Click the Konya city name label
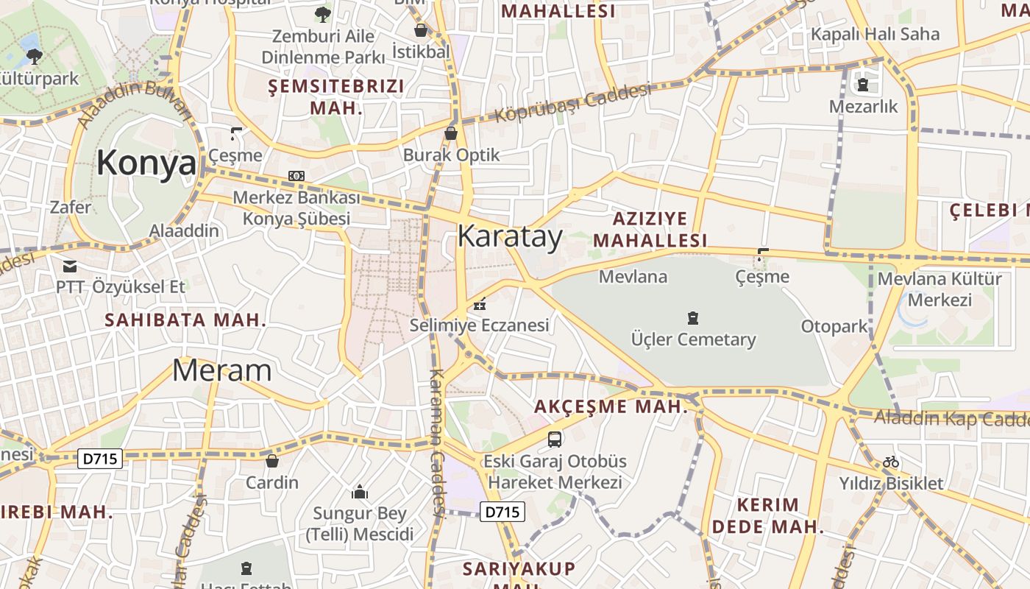pos(146,163)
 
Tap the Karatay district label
pos(510,236)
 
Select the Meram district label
pos(221,370)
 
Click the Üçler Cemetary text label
pos(693,339)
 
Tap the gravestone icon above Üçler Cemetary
pos(692,318)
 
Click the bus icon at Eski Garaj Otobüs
pos(555,440)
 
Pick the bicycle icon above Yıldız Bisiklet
pos(891,462)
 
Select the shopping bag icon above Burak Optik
pos(451,133)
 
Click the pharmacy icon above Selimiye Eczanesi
pos(480,303)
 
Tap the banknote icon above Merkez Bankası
pos(296,176)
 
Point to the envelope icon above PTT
pos(70,266)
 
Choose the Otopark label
pos(834,326)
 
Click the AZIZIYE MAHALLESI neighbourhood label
pos(650,229)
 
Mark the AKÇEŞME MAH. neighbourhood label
pos(611,406)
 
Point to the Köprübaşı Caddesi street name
pos(573,103)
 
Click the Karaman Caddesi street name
pos(436,442)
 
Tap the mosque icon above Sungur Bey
pos(360,492)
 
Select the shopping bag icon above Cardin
pos(272,461)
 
